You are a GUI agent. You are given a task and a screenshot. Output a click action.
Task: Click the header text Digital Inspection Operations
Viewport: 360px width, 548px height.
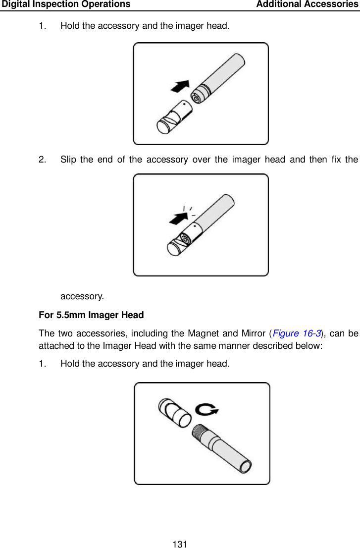point(66,4)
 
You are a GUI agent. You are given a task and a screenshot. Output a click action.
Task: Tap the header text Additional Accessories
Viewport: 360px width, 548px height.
point(308,4)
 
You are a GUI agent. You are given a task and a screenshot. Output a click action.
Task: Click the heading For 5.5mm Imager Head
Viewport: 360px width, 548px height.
point(91,315)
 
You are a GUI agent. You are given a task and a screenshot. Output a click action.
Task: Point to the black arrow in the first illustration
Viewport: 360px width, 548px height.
point(180,86)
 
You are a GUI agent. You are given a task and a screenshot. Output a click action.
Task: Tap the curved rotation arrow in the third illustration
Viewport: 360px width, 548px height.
point(207,410)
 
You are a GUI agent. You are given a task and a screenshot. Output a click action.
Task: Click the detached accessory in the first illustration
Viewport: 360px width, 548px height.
point(174,117)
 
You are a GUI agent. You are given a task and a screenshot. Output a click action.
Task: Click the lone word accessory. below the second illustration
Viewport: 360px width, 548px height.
point(82,296)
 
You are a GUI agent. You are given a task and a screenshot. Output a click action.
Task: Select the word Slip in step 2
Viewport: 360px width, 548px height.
point(68,160)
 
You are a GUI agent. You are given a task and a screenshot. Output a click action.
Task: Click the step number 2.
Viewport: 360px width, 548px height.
point(43,160)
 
